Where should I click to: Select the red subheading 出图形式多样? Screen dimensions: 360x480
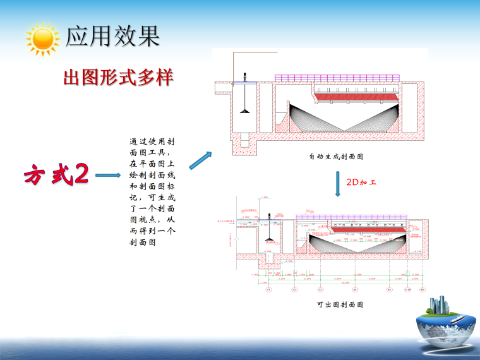pos(118,78)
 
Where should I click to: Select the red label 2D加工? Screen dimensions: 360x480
pos(361,182)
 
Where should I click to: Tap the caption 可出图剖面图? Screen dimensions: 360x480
pos(340,304)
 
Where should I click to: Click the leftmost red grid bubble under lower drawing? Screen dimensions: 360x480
pos(268,290)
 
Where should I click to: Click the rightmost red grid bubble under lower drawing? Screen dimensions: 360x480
pos(422,290)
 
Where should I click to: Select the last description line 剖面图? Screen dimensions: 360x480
pos(142,242)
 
